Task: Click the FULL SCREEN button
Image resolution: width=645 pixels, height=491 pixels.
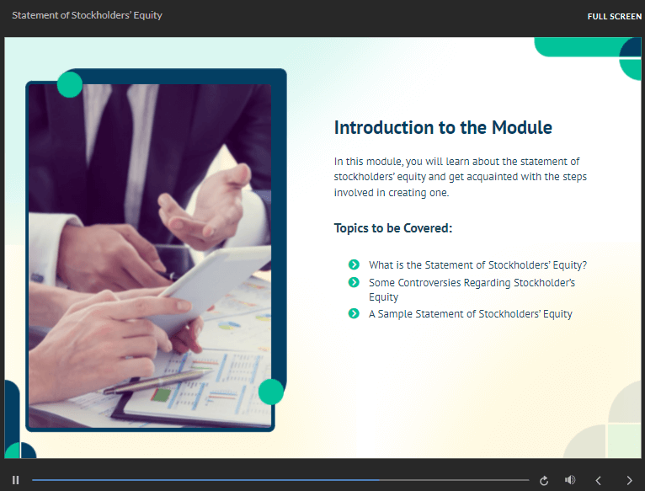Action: [614, 17]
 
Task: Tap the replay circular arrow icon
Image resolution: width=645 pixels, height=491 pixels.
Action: [544, 480]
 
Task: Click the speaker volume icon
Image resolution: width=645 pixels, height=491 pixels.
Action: [570, 480]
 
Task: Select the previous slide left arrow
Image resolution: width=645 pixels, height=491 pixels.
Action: [599, 480]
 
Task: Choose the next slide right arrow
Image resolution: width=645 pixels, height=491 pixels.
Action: [629, 480]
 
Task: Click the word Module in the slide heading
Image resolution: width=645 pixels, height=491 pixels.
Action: [522, 127]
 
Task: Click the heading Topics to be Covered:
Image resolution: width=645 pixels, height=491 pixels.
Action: [393, 228]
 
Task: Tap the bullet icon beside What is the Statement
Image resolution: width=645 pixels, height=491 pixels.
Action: [354, 264]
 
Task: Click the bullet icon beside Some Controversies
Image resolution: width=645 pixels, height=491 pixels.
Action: [354, 282]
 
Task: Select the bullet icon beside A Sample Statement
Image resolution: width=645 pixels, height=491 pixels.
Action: [354, 313]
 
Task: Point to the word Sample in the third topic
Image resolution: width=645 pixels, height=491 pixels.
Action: [395, 314]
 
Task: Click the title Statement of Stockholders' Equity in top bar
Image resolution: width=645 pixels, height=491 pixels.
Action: [88, 15]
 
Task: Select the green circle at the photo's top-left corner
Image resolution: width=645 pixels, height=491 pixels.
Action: [70, 84]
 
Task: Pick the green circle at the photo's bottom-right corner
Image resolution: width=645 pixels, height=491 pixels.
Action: [271, 392]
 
